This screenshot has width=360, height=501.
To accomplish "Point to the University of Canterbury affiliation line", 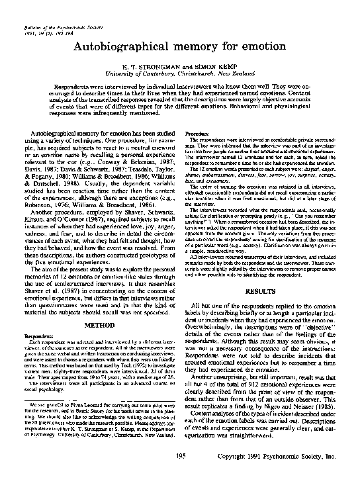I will pos(180,76).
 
